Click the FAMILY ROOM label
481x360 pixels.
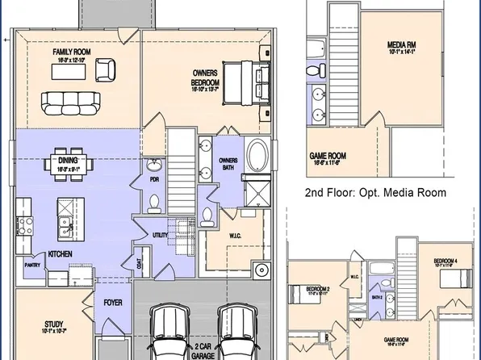click(x=70, y=52)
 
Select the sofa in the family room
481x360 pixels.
click(x=68, y=102)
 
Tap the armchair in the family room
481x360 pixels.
click(x=105, y=71)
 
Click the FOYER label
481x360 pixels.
click(x=112, y=304)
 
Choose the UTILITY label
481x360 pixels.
click(x=160, y=234)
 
